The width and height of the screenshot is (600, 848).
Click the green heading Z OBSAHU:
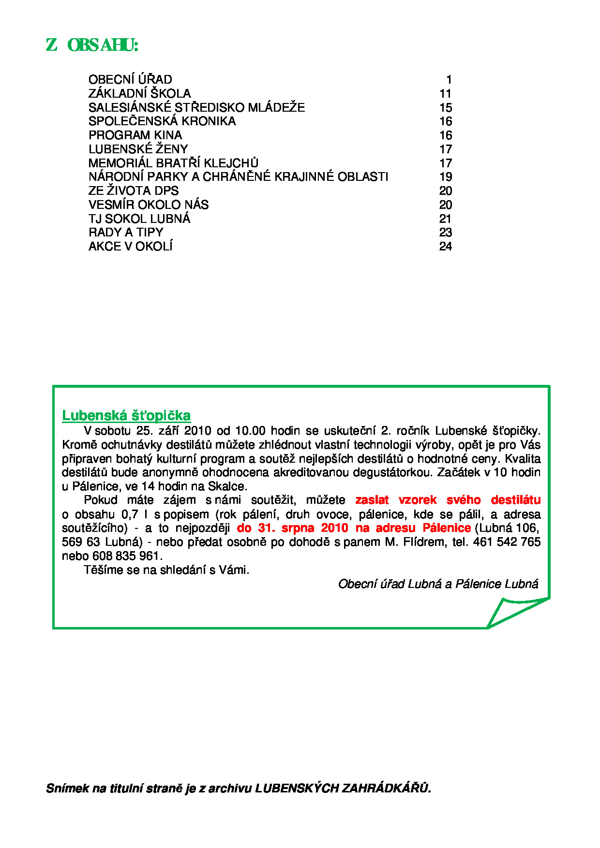tap(92, 45)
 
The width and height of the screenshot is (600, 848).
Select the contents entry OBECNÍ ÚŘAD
tap(130, 80)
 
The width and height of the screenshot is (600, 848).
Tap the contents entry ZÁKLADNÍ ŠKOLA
tap(139, 94)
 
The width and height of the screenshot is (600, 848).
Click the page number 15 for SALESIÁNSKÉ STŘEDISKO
tap(445, 108)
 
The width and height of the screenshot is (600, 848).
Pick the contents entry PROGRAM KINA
tap(135, 135)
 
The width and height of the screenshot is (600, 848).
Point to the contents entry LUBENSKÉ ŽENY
tap(138, 149)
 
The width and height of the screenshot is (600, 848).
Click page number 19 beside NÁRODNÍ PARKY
tap(445, 177)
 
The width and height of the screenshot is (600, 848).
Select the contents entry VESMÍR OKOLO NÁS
tap(149, 205)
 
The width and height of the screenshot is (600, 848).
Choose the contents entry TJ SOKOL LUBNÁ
tap(139, 219)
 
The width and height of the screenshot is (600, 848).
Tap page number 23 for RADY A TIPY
tap(445, 233)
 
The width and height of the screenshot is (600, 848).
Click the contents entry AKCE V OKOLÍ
tap(130, 247)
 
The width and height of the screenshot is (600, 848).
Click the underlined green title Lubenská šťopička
tap(126, 416)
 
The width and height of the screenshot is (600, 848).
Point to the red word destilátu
tap(515, 500)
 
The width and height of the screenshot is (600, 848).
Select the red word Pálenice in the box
tap(446, 528)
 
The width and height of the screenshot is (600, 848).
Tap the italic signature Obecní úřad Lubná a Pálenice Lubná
tap(438, 584)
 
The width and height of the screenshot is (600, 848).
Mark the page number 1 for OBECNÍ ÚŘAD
tap(449, 80)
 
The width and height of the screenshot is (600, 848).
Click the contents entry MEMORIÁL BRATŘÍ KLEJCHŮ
tap(173, 163)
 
